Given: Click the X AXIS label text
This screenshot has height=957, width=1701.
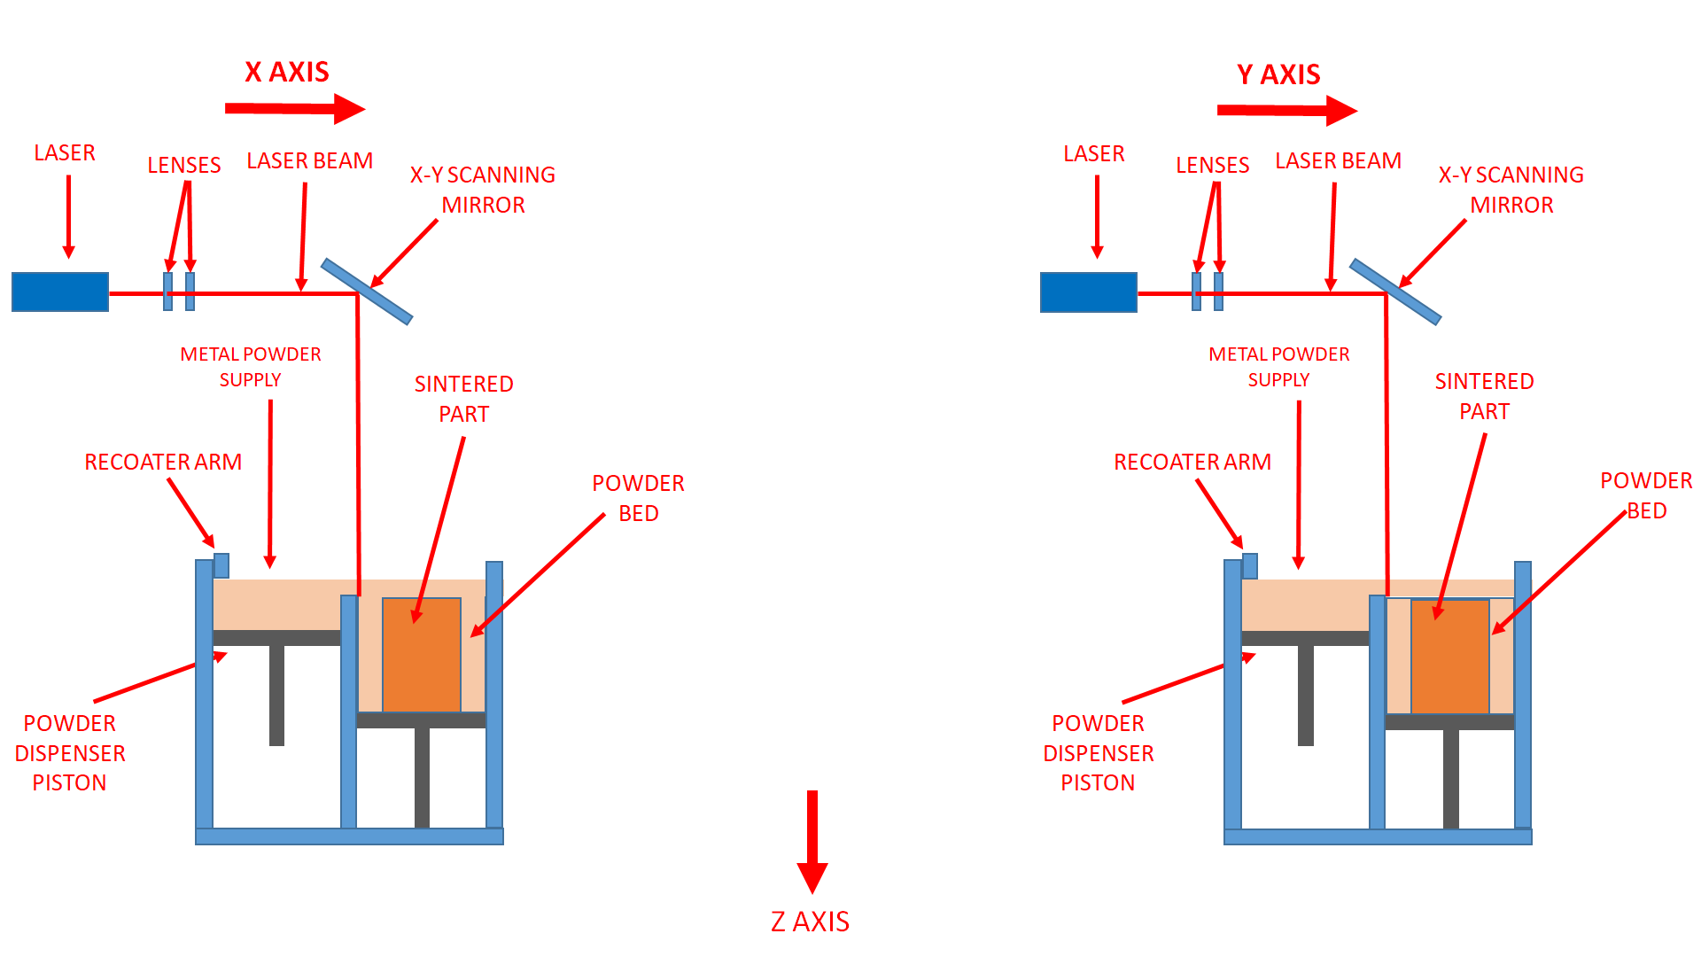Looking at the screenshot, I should point(286,72).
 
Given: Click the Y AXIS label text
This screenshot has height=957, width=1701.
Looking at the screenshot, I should point(1278,74).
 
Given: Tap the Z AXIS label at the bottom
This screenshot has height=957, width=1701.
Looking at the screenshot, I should point(810,922).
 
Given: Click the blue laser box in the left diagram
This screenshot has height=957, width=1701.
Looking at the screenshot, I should point(60,292).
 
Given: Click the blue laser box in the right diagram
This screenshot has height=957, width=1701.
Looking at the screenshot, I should point(1088,292).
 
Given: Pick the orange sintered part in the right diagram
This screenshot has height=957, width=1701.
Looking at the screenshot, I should point(1449,656).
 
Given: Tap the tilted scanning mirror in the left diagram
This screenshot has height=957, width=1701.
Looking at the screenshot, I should point(367,292).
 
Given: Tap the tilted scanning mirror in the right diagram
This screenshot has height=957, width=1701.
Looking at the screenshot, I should point(1395,292).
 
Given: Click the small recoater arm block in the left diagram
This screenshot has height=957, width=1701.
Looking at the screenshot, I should point(221,565).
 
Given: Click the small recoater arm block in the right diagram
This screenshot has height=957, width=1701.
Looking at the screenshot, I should point(1250,565).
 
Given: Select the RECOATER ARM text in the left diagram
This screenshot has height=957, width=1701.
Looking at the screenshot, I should point(163,463).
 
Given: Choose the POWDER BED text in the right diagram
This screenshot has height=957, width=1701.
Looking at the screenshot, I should point(1646,495).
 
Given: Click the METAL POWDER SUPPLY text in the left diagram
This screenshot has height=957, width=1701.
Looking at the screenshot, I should point(251,367).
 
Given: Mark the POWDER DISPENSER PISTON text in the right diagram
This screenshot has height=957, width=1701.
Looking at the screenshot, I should point(1098,752).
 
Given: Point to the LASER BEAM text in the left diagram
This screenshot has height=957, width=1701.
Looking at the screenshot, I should point(309,161).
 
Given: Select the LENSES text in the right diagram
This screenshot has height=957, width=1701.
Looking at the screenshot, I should point(1212,166).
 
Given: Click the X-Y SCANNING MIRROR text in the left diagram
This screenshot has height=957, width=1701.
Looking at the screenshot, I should point(483,190).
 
